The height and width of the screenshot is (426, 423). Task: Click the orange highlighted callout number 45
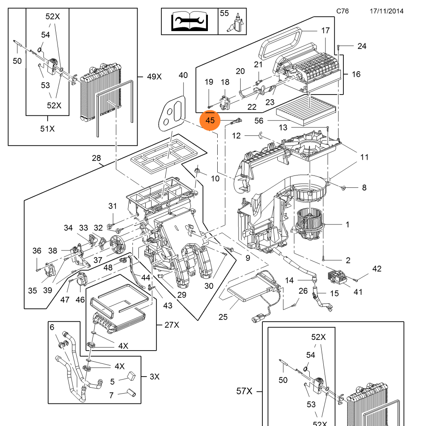click(210, 121)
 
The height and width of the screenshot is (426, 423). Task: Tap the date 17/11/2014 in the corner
click(386, 11)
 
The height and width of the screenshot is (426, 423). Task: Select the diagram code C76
click(342, 11)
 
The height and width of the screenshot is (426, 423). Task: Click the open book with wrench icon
click(190, 21)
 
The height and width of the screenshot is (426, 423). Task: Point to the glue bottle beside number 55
click(236, 23)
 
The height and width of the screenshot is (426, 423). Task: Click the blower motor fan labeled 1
click(309, 224)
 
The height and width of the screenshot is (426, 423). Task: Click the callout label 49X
click(154, 77)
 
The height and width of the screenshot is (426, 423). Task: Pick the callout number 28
click(96, 158)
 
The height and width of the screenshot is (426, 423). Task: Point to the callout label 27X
click(172, 325)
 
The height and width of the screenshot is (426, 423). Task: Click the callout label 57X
click(244, 391)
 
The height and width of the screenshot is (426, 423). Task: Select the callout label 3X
click(155, 377)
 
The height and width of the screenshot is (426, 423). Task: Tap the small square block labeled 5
click(132, 376)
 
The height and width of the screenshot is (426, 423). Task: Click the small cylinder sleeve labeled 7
click(131, 393)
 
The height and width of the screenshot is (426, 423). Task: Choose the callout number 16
click(356, 74)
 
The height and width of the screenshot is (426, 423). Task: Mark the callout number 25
click(223, 317)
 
